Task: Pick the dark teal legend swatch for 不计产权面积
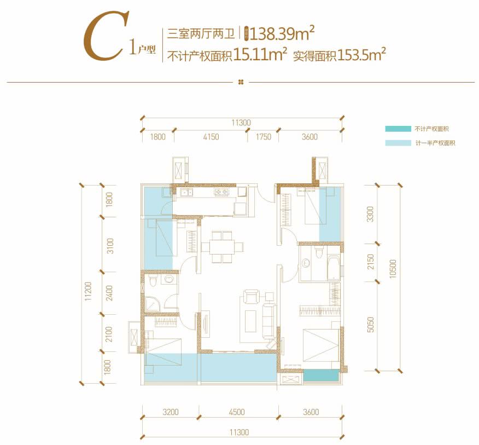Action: (397, 129)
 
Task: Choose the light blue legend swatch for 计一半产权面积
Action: (397, 143)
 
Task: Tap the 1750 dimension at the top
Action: (263, 137)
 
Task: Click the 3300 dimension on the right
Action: (370, 215)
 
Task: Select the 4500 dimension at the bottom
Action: (237, 413)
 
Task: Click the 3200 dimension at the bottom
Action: (171, 413)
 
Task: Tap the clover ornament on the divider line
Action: (241, 83)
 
